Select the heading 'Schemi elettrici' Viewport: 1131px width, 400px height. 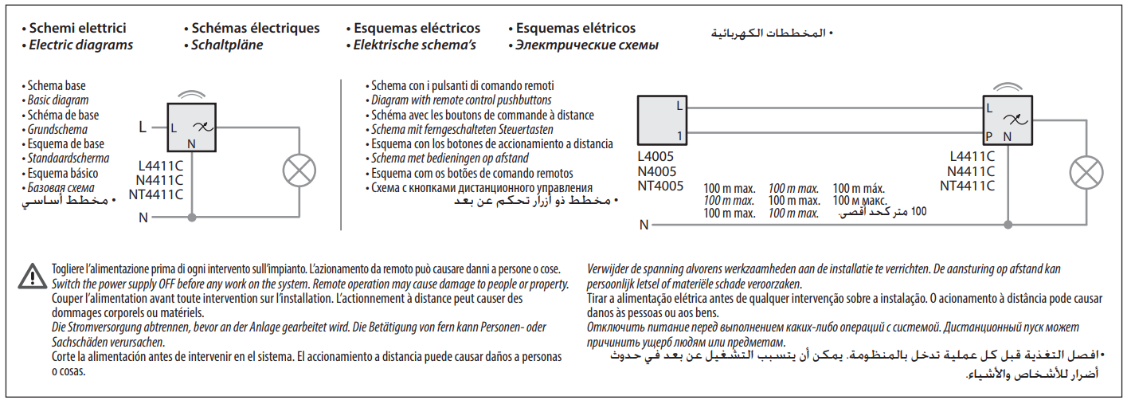tap(76, 28)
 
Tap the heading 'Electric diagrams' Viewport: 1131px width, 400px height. tap(80, 45)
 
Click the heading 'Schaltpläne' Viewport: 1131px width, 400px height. tap(227, 45)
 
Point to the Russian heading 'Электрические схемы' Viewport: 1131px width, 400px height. tap(587, 45)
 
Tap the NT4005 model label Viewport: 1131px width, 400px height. tap(660, 186)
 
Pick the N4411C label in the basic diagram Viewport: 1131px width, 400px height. tap(161, 180)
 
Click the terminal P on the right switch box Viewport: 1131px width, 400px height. tap(988, 136)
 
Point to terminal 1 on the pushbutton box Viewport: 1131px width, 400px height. tap(679, 135)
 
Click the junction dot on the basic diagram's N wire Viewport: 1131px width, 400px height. tap(191, 217)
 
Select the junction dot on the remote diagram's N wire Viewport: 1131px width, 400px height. tap(1008, 225)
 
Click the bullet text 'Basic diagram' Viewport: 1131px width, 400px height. tap(58, 100)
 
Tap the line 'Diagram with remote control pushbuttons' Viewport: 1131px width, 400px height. tap(461, 100)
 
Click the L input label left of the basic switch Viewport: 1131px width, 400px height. tap(143, 126)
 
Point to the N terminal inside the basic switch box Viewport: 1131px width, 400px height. tap(191, 143)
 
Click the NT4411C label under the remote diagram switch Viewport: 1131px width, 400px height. tap(967, 186)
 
